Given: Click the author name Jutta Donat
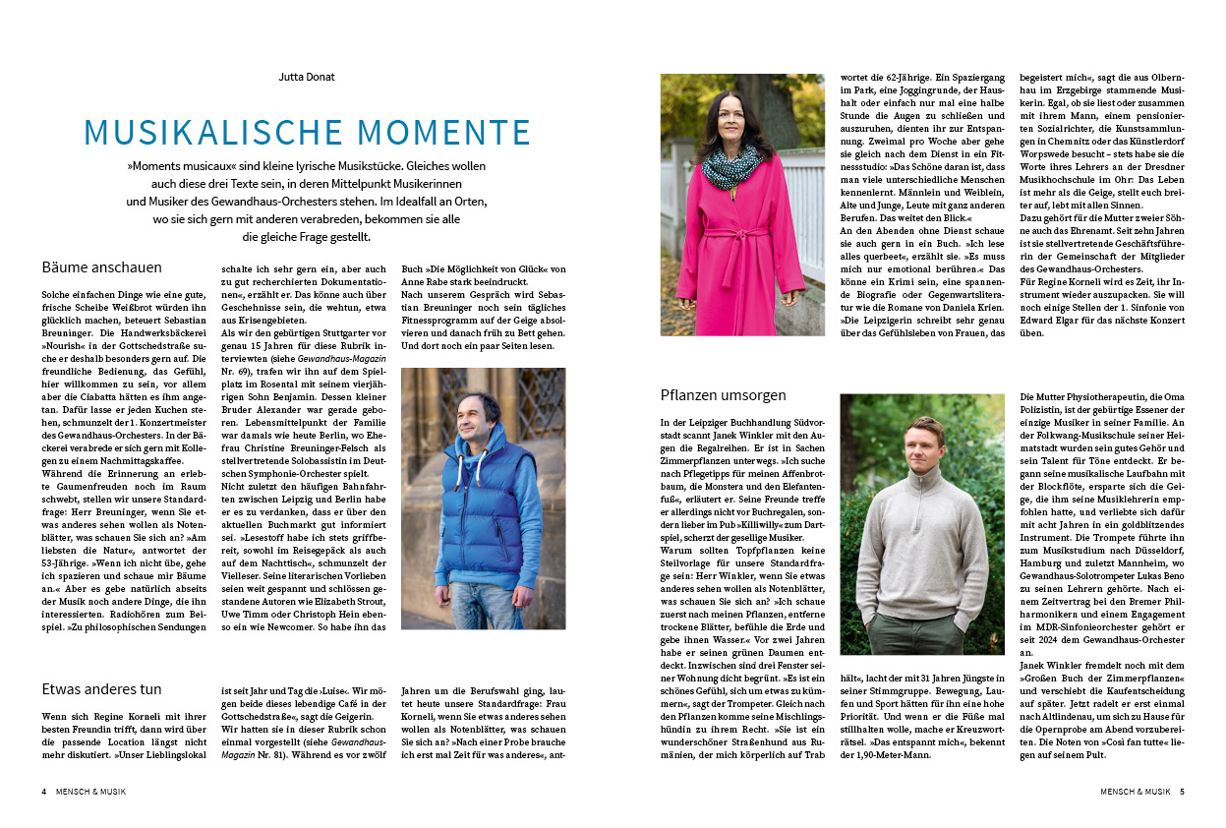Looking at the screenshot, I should [x=306, y=77].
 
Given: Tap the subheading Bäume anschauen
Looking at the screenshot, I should [x=102, y=267].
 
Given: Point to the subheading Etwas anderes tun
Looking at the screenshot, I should [x=102, y=688].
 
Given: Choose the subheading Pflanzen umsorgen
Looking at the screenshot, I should [x=724, y=395].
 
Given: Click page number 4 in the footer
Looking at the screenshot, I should [x=44, y=791].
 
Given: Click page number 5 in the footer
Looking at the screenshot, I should [x=1182, y=791].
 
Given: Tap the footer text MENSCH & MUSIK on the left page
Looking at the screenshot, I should [x=89, y=791].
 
